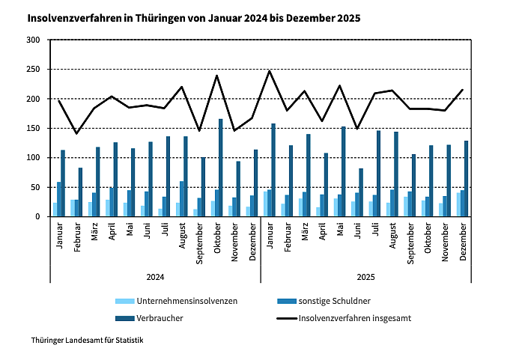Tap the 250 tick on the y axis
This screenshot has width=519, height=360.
[x=34, y=70]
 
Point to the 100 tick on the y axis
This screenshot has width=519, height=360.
[x=34, y=158]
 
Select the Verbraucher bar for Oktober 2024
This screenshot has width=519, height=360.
[x=221, y=168]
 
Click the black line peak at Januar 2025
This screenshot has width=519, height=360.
[x=270, y=71]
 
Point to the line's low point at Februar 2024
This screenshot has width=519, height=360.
[x=76, y=133]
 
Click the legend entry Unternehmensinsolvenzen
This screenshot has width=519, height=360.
[x=177, y=301]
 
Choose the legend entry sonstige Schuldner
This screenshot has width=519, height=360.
[x=334, y=301]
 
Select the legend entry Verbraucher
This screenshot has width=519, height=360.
[x=160, y=318]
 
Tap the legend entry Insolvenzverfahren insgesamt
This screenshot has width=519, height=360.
[x=355, y=318]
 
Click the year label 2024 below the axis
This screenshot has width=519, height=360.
[x=155, y=277]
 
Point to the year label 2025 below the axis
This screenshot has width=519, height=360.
[x=365, y=277]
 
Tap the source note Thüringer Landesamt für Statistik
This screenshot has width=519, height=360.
[x=87, y=341]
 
